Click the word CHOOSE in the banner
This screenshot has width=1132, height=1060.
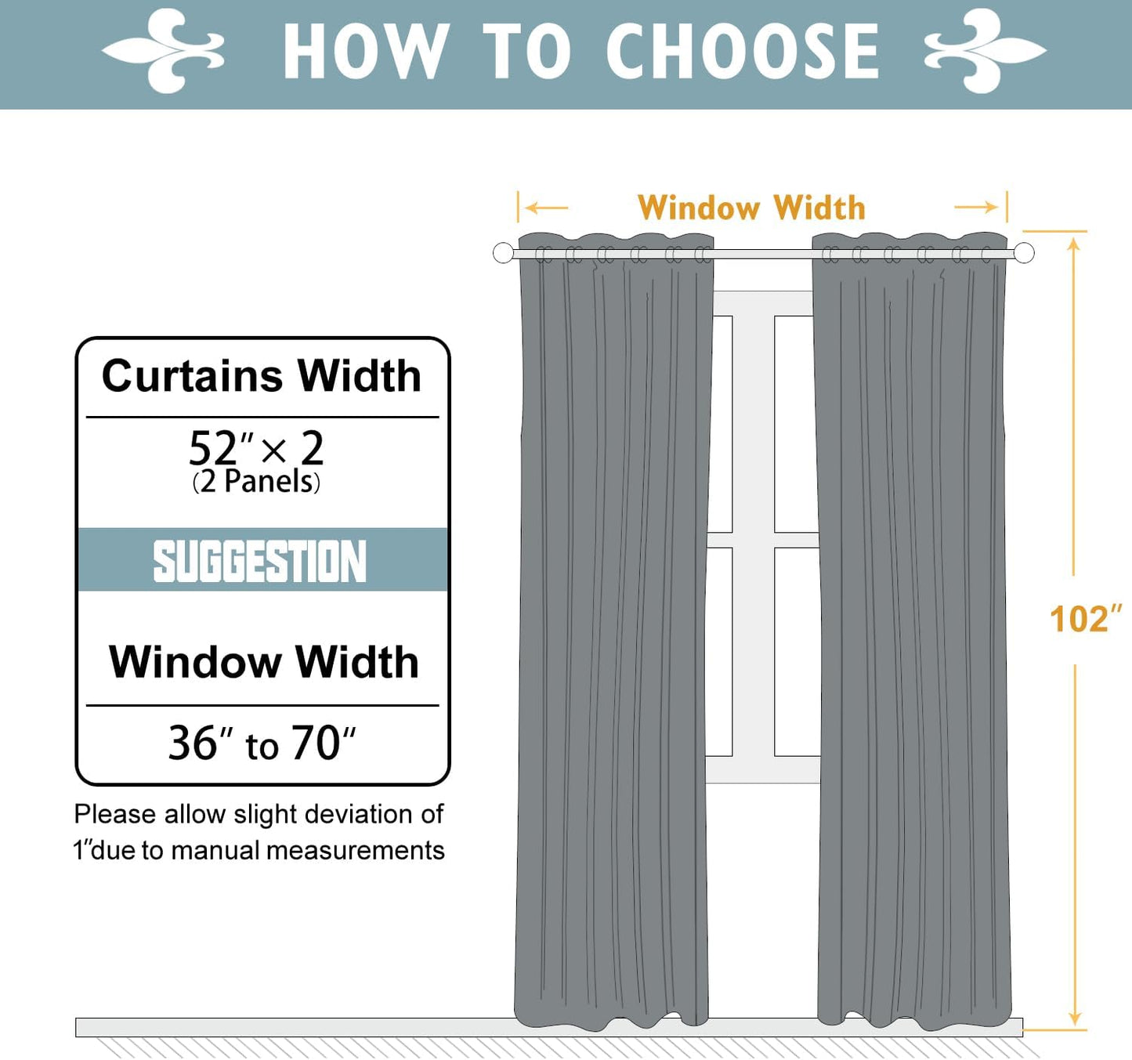[x=742, y=52]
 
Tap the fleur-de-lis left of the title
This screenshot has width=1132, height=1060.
[x=164, y=52]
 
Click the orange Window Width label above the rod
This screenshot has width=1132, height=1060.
[x=751, y=208]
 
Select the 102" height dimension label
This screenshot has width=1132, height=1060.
[x=1085, y=619]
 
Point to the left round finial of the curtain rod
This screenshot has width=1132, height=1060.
[x=503, y=253]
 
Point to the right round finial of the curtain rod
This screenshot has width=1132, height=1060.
[x=1024, y=253]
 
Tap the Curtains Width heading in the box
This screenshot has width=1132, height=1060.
[x=262, y=376]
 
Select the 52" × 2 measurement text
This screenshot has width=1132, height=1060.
[x=256, y=449]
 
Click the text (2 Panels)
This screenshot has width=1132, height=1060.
[x=256, y=482]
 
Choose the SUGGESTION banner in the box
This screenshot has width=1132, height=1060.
[x=261, y=560]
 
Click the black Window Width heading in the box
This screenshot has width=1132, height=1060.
[x=263, y=662]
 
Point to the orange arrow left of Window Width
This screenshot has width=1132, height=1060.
[x=546, y=208]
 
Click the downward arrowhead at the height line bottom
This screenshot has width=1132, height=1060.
[x=1075, y=1018]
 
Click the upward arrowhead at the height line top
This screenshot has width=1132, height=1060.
[x=1074, y=244]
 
